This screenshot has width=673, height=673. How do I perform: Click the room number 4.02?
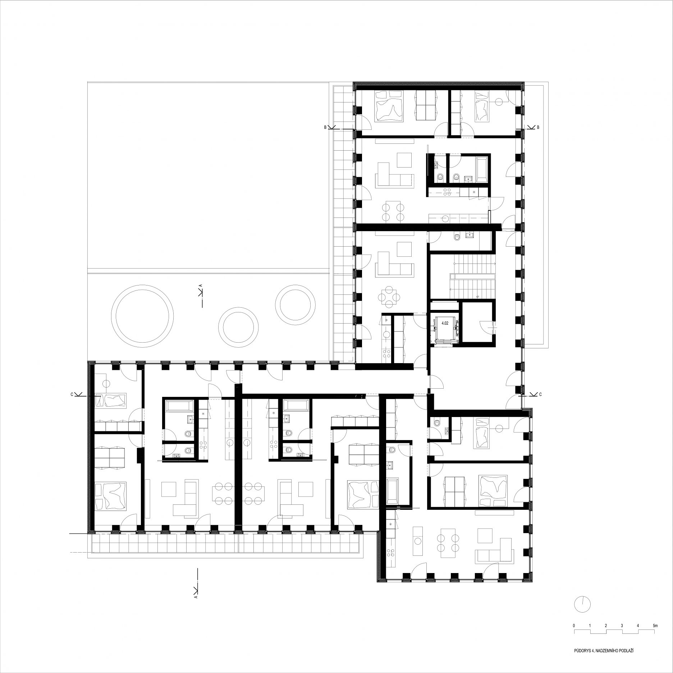tap(445, 323)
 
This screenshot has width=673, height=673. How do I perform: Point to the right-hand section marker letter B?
tap(538, 127)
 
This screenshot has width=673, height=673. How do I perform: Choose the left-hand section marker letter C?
tap(72, 394)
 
